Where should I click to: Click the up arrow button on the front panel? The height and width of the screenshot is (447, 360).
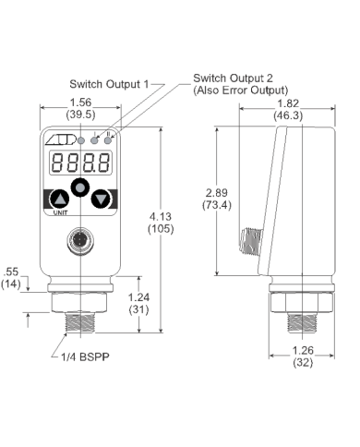(59, 199)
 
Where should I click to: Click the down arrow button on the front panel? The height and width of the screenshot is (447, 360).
(102, 199)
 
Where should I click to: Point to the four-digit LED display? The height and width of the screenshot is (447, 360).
(80, 163)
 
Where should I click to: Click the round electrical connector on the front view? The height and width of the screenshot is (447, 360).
(80, 244)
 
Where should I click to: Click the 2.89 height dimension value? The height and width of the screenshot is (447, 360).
(217, 191)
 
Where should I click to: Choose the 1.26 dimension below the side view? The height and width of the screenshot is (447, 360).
(302, 351)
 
